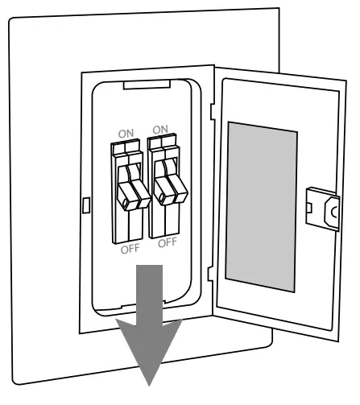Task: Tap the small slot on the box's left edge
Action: click(85, 205)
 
